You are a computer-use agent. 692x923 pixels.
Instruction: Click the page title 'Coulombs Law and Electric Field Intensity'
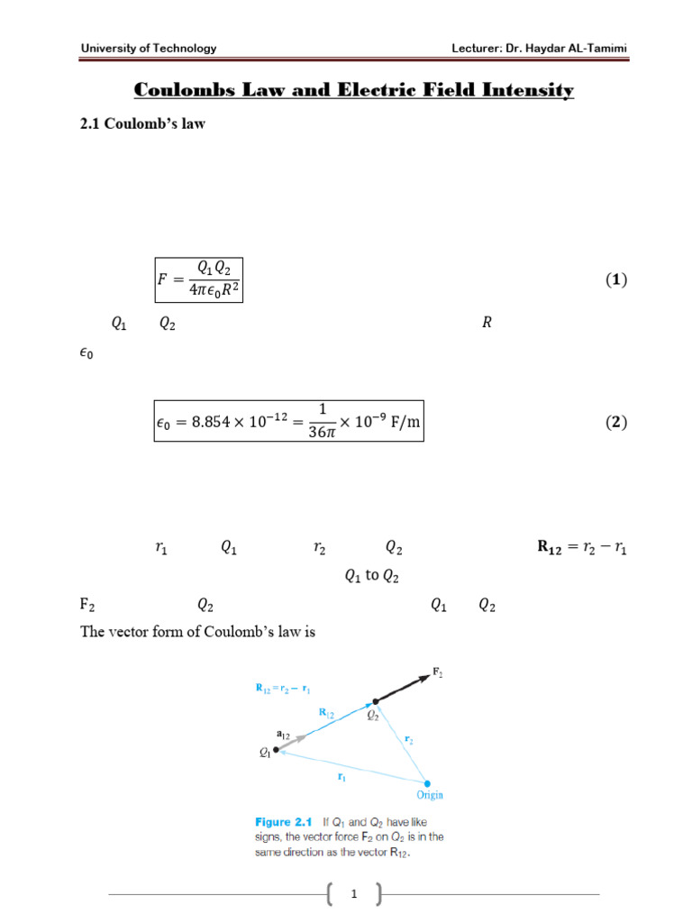pyautogui.click(x=353, y=90)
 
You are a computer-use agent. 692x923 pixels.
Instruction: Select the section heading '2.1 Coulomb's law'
pyautogui.click(x=143, y=123)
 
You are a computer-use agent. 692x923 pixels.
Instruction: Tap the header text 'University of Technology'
pyautogui.click(x=149, y=48)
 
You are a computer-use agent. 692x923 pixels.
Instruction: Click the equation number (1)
pyautogui.click(x=615, y=279)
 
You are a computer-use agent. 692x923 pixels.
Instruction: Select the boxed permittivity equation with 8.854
pyautogui.click(x=288, y=422)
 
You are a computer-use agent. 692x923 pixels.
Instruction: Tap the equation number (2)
pyautogui.click(x=615, y=422)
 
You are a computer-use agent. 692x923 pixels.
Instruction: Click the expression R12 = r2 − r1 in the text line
pyautogui.click(x=577, y=547)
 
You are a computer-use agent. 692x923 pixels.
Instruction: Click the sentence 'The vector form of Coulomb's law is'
pyautogui.click(x=198, y=632)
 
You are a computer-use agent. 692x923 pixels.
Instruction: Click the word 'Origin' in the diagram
pyautogui.click(x=430, y=795)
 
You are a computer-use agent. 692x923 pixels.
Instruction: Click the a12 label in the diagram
pyautogui.click(x=282, y=735)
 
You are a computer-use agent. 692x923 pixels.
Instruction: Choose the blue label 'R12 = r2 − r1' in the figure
pyautogui.click(x=284, y=690)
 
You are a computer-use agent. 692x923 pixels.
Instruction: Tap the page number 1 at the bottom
pyautogui.click(x=355, y=894)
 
